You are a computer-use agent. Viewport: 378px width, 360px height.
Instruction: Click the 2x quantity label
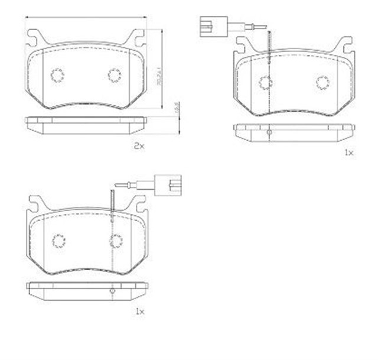click(138, 145)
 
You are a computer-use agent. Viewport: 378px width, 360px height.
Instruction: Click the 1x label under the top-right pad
click(348, 153)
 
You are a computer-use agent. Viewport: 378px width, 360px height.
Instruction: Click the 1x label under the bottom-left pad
click(139, 310)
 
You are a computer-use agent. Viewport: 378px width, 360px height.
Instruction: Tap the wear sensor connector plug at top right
click(210, 25)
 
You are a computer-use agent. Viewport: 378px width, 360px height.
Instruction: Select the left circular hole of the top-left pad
click(57, 75)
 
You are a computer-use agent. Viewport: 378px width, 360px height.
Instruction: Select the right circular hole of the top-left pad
click(115, 75)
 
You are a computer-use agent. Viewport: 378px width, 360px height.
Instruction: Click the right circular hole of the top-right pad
click(322, 82)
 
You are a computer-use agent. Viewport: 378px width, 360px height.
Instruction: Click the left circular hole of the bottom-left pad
click(58, 240)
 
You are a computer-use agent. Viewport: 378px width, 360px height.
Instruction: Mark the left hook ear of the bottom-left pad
click(35, 202)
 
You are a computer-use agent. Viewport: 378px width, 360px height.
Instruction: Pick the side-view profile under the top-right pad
click(294, 131)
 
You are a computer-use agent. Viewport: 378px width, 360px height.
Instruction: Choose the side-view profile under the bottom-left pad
click(86, 289)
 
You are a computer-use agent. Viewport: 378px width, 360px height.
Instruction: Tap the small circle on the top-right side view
click(269, 133)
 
